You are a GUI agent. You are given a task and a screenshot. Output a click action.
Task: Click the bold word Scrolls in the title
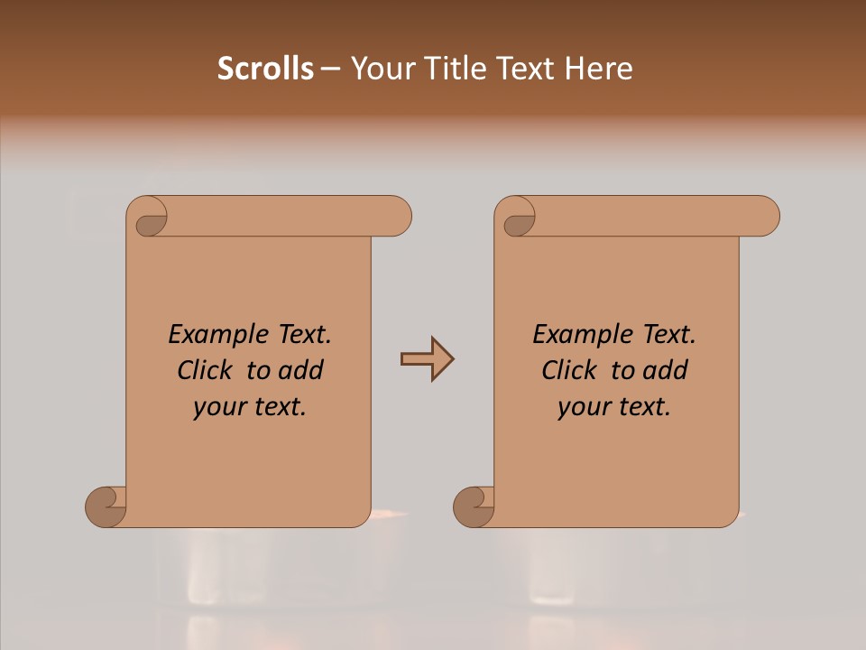[x=266, y=69]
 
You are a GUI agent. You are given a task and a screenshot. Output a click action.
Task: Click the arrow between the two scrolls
[x=427, y=359]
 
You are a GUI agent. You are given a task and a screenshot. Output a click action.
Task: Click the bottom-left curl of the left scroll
[x=106, y=506]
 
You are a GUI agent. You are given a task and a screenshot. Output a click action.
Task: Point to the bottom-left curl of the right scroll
[x=474, y=506]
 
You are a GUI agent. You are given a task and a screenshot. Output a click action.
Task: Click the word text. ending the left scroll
[x=277, y=407]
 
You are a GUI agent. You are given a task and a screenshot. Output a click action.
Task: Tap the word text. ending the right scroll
[x=641, y=407]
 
